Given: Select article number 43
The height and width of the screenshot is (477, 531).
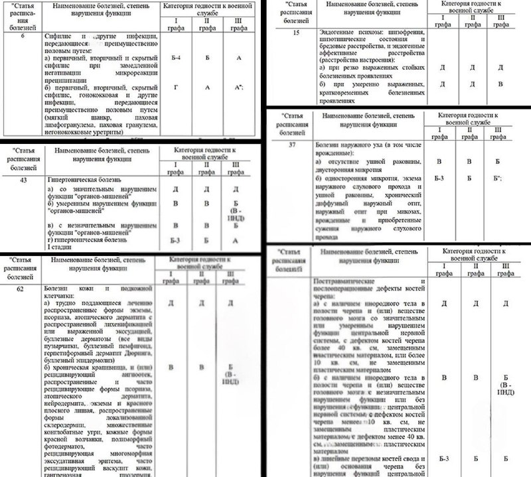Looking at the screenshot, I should pyautogui.click(x=23, y=180).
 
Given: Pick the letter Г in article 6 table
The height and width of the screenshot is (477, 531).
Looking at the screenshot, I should pyautogui.click(x=175, y=88).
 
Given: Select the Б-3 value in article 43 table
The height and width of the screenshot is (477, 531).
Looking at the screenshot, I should pyautogui.click(x=175, y=240).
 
